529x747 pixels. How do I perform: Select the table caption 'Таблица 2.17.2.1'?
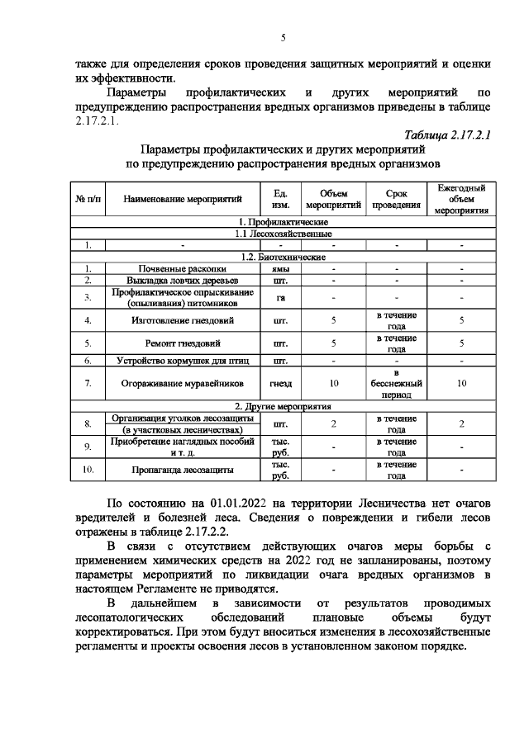click(447, 135)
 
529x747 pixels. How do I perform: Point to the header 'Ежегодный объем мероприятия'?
click(461, 199)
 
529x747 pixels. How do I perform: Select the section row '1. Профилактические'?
click(283, 222)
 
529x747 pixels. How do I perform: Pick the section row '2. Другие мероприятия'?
click(283, 407)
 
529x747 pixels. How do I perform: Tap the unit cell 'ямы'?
click(280, 269)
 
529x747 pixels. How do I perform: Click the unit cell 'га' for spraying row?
click(280, 298)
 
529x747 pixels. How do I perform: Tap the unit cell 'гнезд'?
click(280, 383)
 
